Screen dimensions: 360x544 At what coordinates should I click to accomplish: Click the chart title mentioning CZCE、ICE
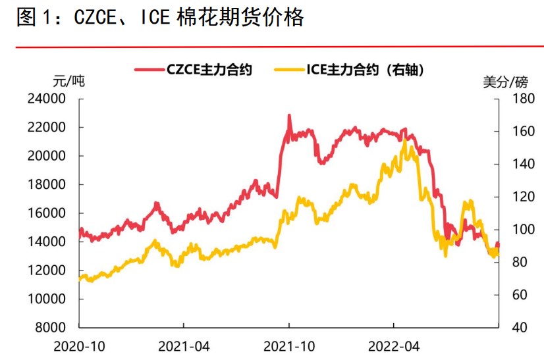pyautogui.click(x=159, y=18)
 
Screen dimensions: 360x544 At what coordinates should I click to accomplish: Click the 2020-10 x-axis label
pyautogui.click(x=79, y=346)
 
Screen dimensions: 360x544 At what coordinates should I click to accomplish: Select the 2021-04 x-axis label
pyautogui.click(x=184, y=346)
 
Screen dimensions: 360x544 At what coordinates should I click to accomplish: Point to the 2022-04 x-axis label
pyautogui.click(x=393, y=346)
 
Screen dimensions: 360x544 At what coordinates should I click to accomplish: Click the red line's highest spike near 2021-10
pyautogui.click(x=289, y=116)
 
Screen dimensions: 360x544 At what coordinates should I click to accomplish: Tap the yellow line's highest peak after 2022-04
pyautogui.click(x=404, y=140)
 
